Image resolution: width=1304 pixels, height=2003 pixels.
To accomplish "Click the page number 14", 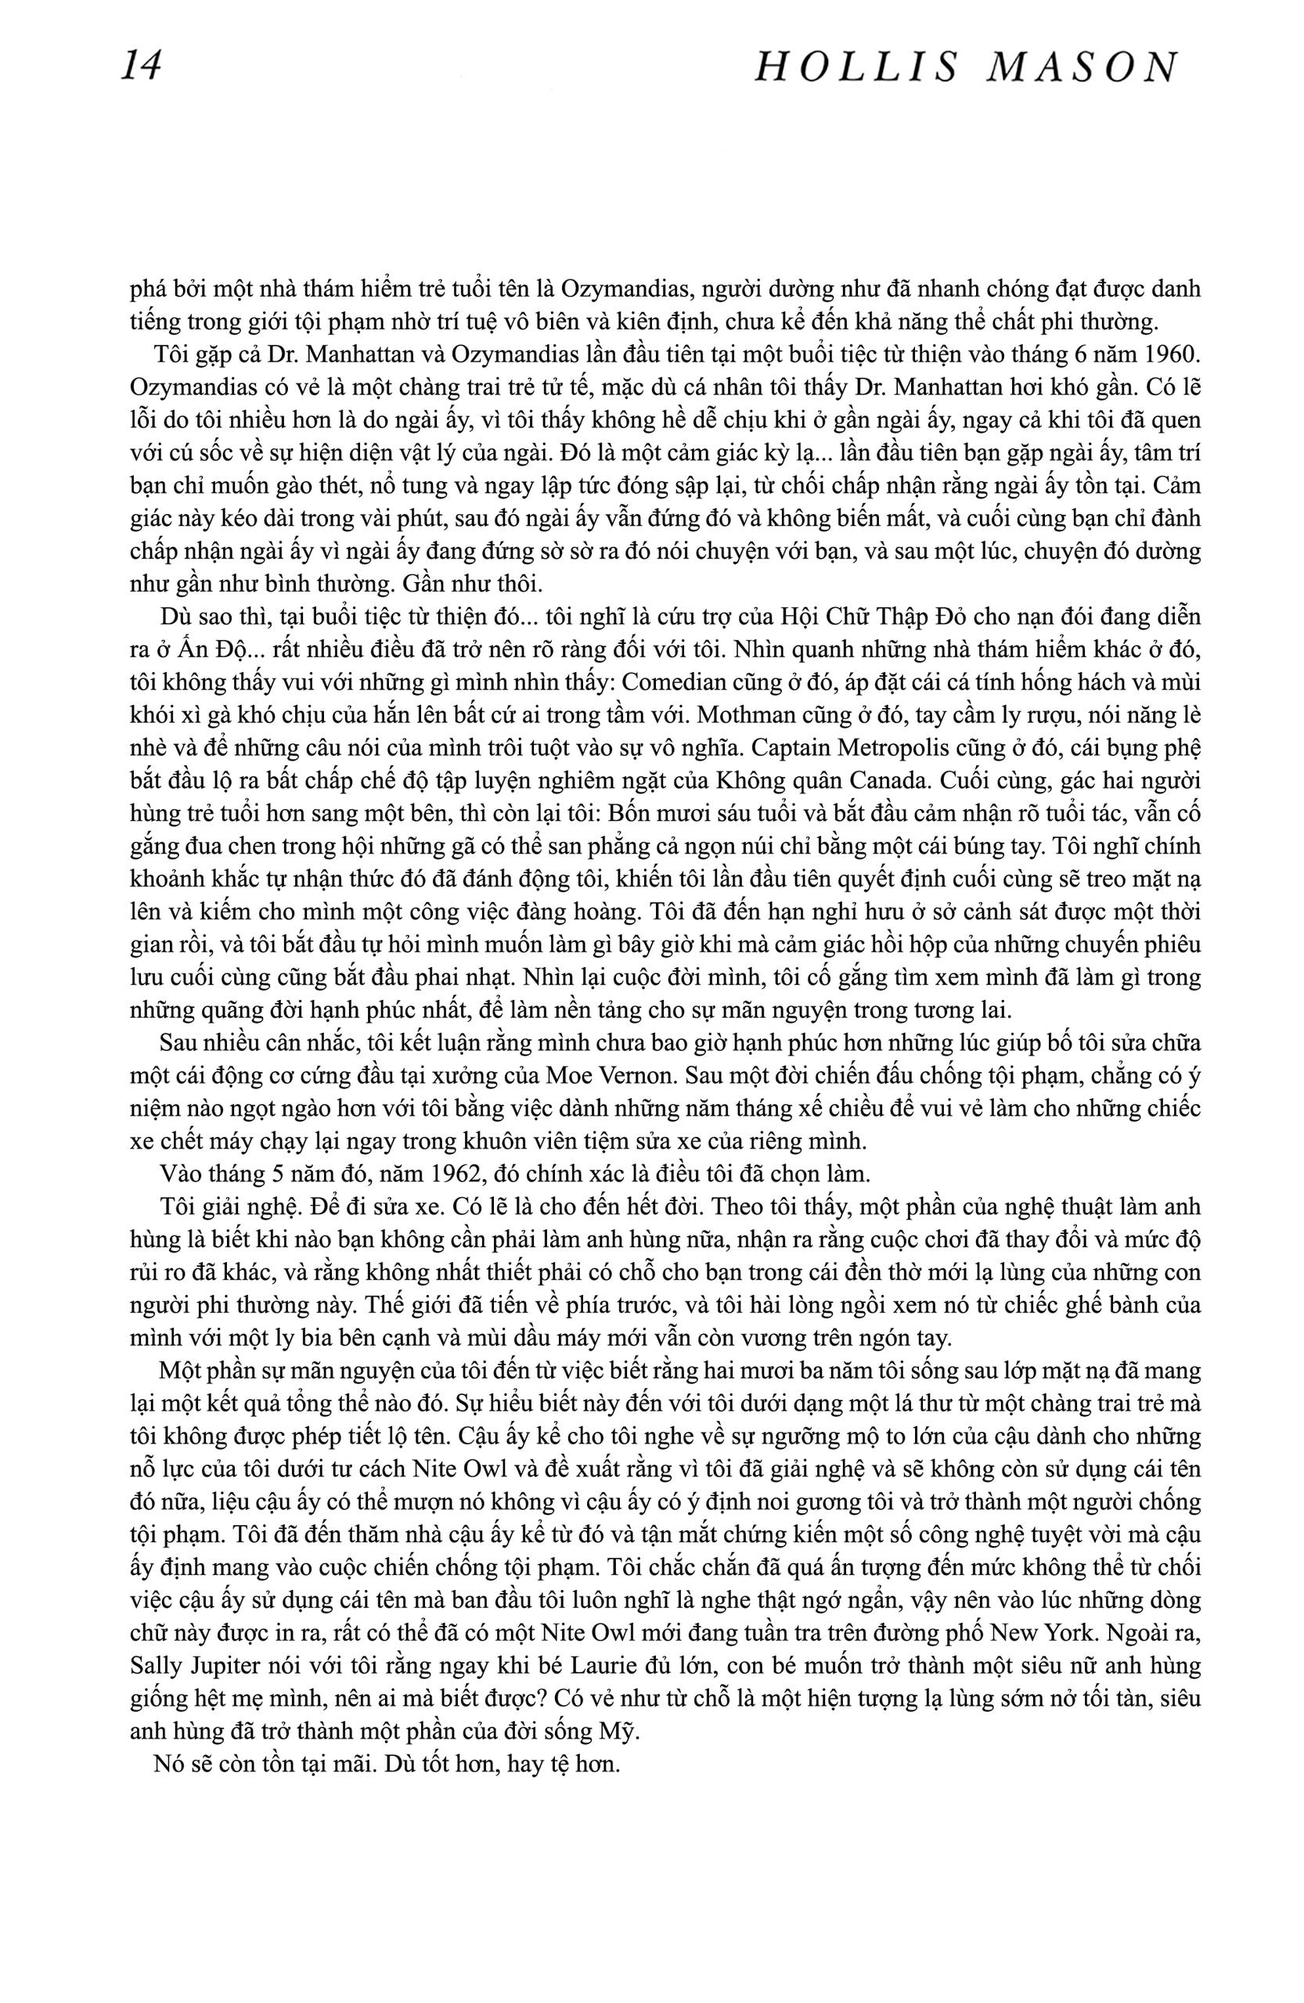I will (142, 67).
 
